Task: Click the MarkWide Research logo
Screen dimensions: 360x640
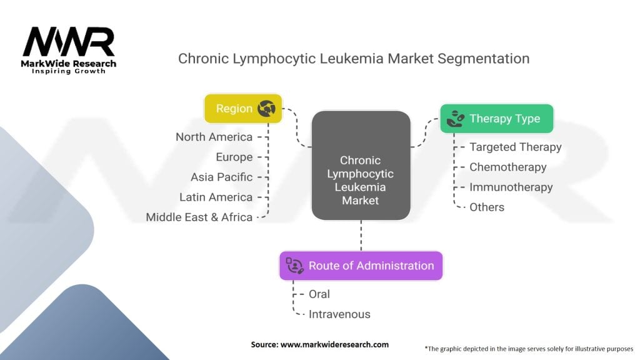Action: [69, 50]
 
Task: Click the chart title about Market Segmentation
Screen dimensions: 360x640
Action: [354, 59]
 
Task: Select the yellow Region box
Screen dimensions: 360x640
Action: [243, 108]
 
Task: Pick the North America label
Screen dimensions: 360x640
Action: [214, 137]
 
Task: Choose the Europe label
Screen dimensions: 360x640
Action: [234, 157]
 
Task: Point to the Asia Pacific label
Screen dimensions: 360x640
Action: [222, 177]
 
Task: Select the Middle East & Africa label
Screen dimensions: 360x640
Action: [199, 217]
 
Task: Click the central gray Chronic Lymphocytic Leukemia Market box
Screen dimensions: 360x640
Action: [361, 165]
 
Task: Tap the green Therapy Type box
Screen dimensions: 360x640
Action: [496, 118]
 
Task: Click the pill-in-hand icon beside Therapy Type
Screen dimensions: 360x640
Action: [455, 118]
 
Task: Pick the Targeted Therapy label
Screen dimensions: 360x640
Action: [515, 147]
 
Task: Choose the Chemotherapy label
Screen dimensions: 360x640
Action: [507, 167]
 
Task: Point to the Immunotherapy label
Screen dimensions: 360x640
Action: [511, 187]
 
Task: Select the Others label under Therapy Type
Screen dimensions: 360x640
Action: [486, 207]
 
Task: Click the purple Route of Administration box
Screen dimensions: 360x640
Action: [361, 266]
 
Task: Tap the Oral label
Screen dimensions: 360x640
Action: [319, 294]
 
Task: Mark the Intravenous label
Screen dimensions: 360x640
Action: [339, 314]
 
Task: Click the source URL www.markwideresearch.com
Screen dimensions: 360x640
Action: [334, 344]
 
